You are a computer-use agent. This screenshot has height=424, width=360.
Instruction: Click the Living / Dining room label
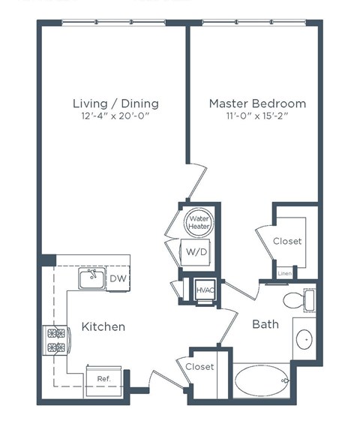(x=115, y=103)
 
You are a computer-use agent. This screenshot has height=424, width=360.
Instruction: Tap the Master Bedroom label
(x=257, y=103)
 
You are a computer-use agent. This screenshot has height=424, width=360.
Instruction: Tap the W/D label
(x=197, y=252)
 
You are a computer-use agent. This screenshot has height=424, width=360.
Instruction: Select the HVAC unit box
(x=204, y=290)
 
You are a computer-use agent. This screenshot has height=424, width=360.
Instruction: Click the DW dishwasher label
(x=118, y=279)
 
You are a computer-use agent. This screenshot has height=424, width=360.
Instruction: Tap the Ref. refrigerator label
(x=103, y=379)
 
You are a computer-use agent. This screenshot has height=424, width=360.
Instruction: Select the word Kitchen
(x=103, y=327)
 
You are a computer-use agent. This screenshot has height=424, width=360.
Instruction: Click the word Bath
(x=265, y=325)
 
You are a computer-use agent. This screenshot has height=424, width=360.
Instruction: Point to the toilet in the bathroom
(x=297, y=301)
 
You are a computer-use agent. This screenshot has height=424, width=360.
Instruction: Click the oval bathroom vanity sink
(x=305, y=340)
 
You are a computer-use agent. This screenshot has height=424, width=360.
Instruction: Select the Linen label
(x=285, y=273)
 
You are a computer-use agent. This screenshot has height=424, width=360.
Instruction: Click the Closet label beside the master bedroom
(x=287, y=241)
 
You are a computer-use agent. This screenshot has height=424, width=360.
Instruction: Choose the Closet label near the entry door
(x=199, y=367)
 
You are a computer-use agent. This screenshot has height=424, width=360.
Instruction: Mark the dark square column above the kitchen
(x=48, y=260)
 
